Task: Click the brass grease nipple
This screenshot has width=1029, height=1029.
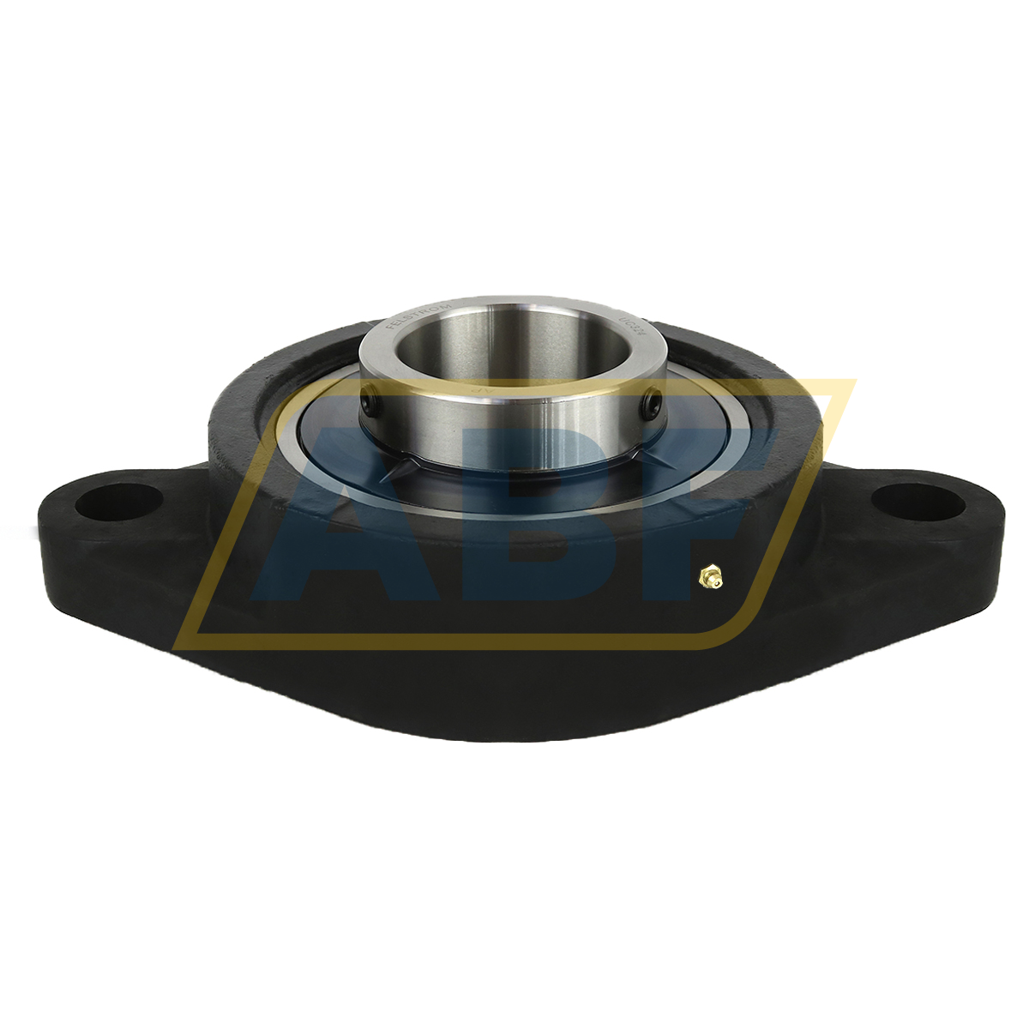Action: tap(708, 577)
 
